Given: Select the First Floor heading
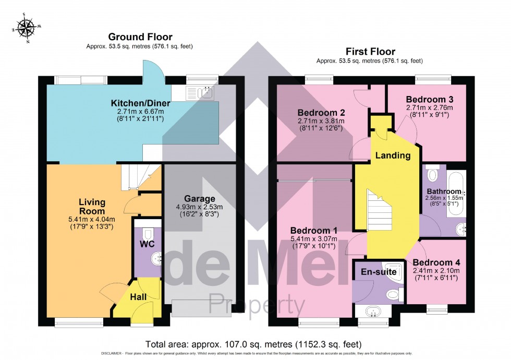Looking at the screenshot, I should click(x=370, y=52).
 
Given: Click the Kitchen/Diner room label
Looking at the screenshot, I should click(x=139, y=102).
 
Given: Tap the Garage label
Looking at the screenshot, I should click(x=199, y=199).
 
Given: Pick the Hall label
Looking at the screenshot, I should click(x=138, y=296).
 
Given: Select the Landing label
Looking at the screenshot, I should click(x=393, y=155).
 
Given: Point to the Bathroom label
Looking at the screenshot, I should click(x=444, y=191).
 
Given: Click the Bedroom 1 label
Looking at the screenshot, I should click(x=313, y=230).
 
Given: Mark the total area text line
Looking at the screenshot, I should click(x=255, y=344).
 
